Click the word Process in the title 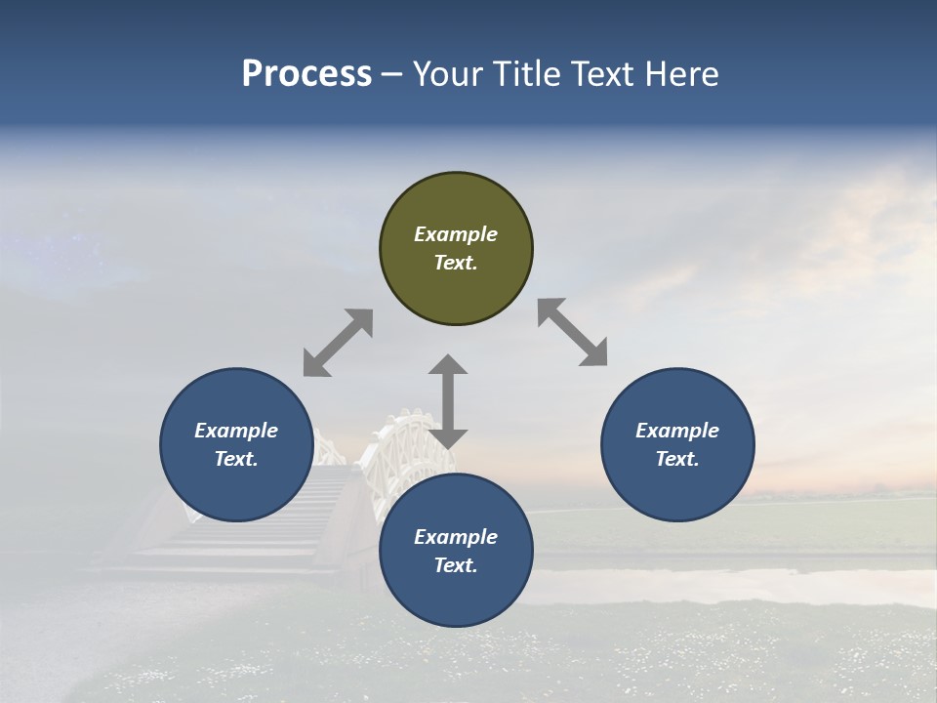point(306,74)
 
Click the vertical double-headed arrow point(448,401)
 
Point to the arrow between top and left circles point(338,343)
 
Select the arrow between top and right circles point(573,332)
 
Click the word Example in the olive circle point(456,234)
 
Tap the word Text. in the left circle point(236,459)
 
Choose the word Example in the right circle point(677,431)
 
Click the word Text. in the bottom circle point(456,565)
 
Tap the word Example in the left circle point(236,431)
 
